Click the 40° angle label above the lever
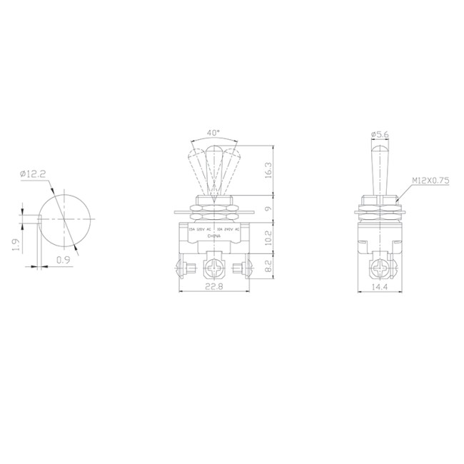point(213,133)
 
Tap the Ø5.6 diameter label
point(380,133)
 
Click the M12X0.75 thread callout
point(430,181)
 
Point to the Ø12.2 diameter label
point(34,173)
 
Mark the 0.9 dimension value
point(63,261)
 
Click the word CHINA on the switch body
point(213,236)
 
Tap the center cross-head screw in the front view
point(213,269)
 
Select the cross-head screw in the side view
point(380,269)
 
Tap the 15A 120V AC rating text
point(199,229)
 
